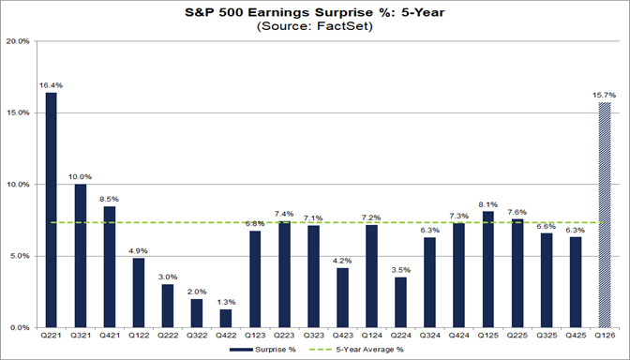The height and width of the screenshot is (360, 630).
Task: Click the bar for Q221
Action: (51, 210)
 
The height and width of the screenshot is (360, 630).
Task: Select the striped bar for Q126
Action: (604, 215)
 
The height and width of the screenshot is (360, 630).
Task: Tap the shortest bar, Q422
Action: (226, 318)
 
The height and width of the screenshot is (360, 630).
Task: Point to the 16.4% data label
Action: (51, 84)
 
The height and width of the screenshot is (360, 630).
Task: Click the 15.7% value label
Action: (604, 94)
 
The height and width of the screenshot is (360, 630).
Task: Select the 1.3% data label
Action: (226, 300)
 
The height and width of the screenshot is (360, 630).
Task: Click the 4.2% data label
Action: (343, 260)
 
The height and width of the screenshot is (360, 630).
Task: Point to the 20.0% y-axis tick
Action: (18, 41)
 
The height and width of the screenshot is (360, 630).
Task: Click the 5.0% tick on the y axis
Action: (20, 256)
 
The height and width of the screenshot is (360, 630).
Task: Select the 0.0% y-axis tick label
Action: (20, 327)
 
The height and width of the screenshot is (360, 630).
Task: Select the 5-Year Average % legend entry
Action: (369, 351)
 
